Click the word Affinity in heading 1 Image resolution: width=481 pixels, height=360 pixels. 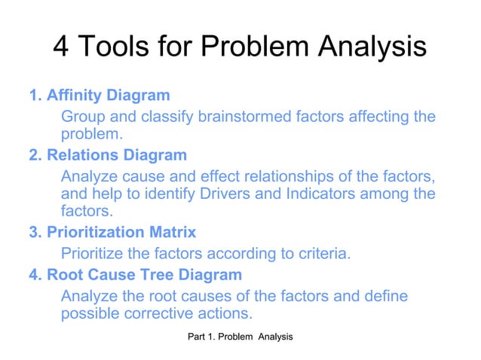(x=73, y=96)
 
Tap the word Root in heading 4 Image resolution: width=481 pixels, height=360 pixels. (x=62, y=274)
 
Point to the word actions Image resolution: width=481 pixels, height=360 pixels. (x=225, y=313)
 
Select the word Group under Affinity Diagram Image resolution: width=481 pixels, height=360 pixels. (x=81, y=117)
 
